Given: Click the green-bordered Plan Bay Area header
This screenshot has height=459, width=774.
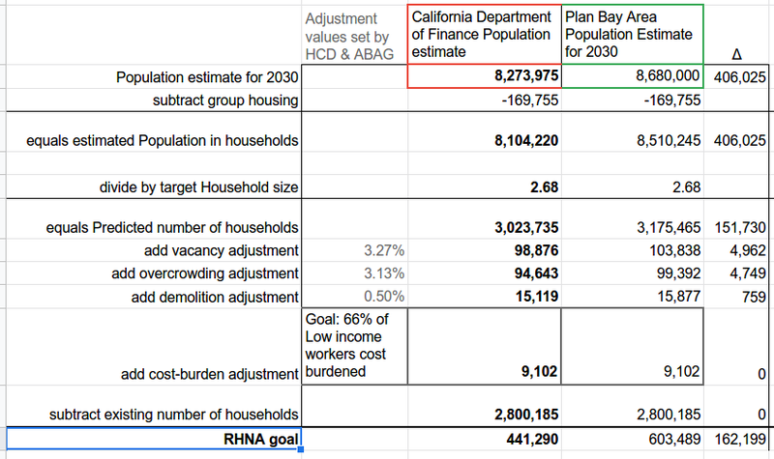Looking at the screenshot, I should click(x=631, y=34).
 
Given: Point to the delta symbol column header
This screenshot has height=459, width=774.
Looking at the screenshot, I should click(x=737, y=54).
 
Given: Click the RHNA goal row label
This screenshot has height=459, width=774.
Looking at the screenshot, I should click(x=258, y=442).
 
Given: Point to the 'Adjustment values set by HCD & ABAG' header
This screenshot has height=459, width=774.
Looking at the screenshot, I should click(x=349, y=36).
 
